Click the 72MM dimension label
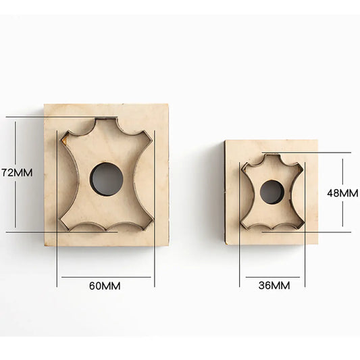click(16, 173)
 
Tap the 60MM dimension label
click(105, 286)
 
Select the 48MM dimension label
click(342, 193)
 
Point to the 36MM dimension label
click(274, 286)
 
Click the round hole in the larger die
click(107, 179)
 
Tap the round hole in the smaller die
click(272, 192)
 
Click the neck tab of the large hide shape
click(106, 120)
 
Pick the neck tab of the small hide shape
click(272, 155)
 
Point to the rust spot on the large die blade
click(64, 140)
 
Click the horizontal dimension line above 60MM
click(106, 277)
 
